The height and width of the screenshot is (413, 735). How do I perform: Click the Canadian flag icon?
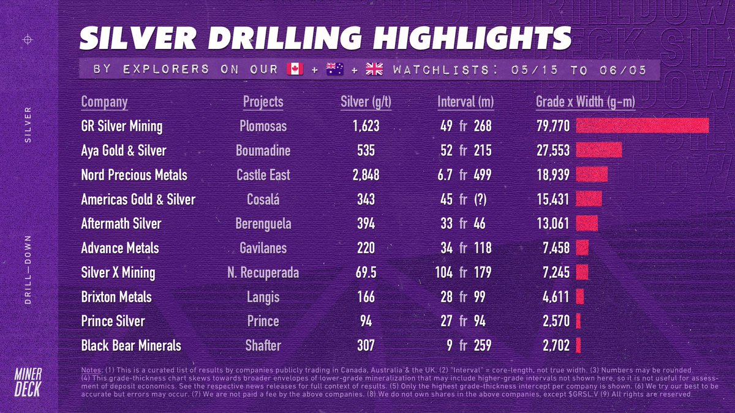[x=295, y=69]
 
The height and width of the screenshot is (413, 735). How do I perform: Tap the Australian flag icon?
[x=334, y=69]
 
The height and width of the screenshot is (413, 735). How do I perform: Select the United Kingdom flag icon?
[x=374, y=69]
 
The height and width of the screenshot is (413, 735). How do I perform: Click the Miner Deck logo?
[x=28, y=382]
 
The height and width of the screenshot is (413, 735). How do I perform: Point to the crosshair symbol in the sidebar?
[x=28, y=40]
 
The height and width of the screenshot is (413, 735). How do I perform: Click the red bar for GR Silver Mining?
[x=643, y=126]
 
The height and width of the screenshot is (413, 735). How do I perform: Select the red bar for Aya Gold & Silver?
[x=599, y=150]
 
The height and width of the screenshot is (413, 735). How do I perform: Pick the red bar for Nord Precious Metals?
[x=592, y=174]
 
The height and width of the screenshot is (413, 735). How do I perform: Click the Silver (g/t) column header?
[x=366, y=102]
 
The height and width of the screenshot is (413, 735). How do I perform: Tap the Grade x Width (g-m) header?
[x=586, y=102]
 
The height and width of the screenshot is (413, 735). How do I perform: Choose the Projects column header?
[x=263, y=102]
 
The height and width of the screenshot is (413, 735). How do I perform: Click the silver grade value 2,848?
[x=366, y=175]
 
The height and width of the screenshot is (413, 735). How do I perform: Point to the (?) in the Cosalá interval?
[x=480, y=199]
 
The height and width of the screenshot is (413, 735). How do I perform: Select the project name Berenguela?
[x=263, y=224]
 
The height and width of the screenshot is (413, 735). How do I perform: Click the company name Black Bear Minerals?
[x=131, y=346]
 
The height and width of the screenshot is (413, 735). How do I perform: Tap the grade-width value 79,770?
[x=553, y=126]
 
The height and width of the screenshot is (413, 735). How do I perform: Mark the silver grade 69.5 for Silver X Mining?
[x=366, y=272]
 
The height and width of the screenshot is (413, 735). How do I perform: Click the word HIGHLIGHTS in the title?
[x=472, y=38]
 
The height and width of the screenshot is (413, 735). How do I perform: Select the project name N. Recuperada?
[x=263, y=273]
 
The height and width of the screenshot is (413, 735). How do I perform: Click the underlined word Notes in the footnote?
[x=91, y=370]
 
